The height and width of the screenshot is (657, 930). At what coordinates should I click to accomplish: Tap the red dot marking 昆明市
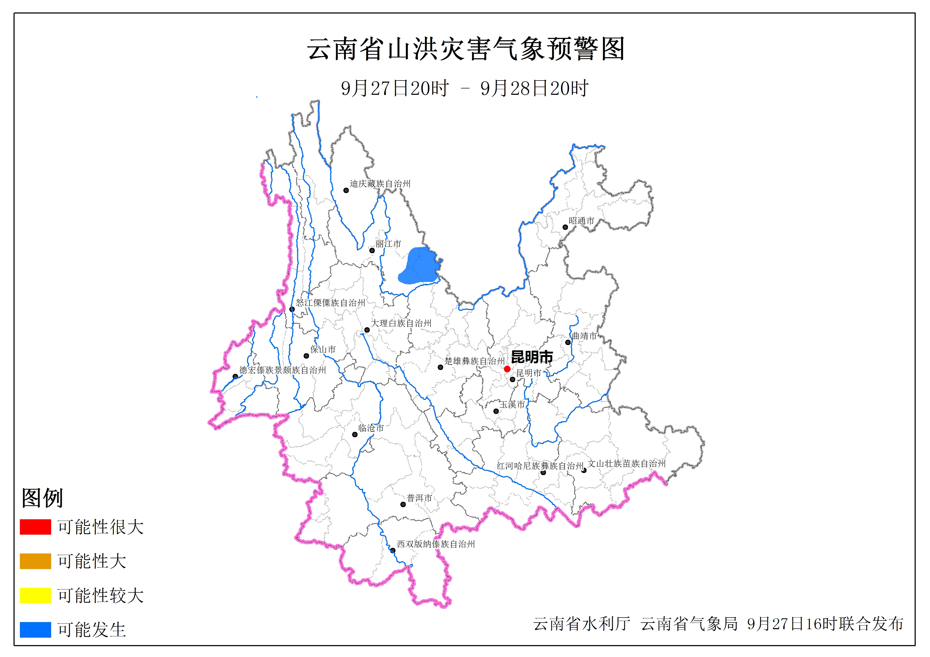coord(507,369)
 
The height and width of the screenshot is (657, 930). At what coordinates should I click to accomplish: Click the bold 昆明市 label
coord(532,357)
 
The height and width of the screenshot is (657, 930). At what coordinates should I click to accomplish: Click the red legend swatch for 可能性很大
coord(35,527)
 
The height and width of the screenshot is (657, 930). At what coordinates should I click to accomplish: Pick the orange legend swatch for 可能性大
coord(35,561)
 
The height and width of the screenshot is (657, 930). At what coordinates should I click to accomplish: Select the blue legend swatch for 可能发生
coord(35,629)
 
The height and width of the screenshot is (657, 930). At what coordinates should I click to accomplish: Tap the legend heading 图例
coord(42,498)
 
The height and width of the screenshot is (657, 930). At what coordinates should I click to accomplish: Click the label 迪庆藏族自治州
coord(380,184)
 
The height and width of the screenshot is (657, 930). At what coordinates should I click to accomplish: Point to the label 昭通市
coord(581,221)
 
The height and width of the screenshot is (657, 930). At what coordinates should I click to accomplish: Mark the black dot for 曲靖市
coord(568,342)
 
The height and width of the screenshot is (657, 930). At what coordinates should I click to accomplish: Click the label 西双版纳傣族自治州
coord(435,544)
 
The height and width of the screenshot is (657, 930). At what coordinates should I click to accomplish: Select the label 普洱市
coord(419,498)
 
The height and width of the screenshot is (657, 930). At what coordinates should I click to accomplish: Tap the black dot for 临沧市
coord(355,435)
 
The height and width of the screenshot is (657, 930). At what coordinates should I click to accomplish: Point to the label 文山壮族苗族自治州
coord(627,463)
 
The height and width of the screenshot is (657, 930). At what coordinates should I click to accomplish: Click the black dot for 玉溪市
coord(496,411)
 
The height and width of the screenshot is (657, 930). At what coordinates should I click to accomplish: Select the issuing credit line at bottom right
coord(718,624)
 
